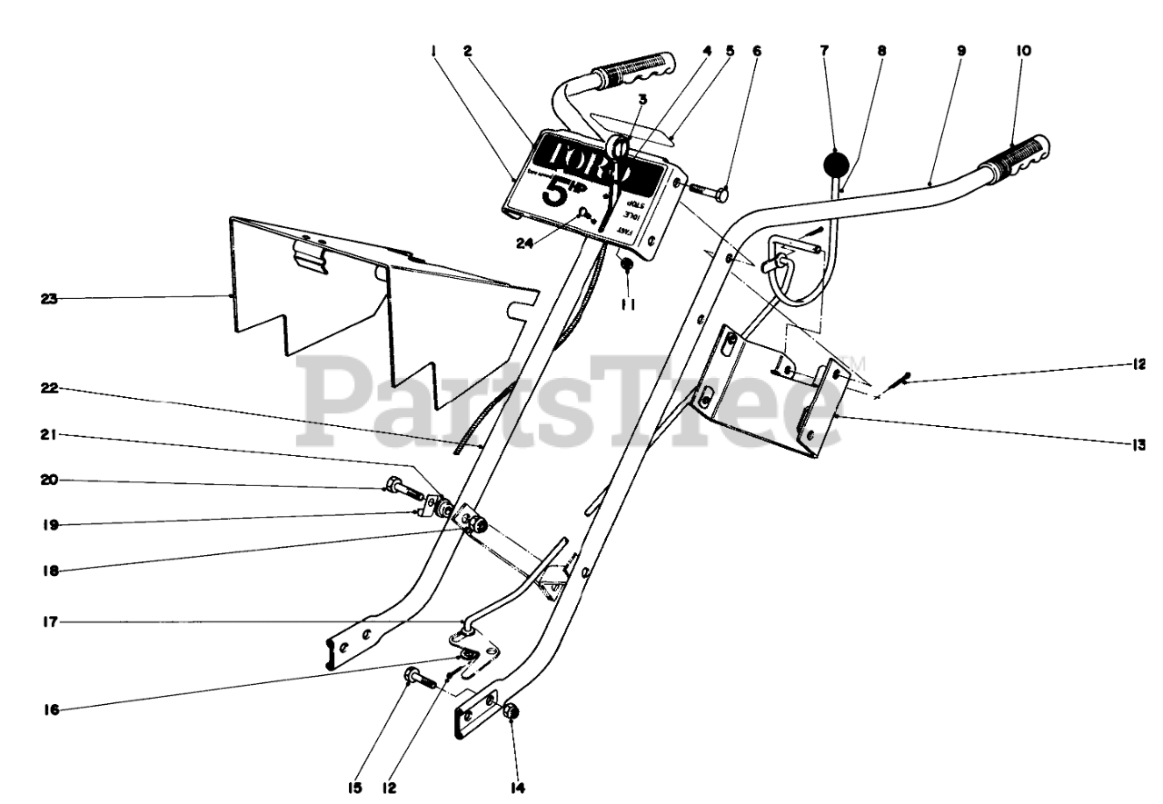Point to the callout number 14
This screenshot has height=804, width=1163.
[517, 788]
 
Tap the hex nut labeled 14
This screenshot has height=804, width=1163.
[511, 714]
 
